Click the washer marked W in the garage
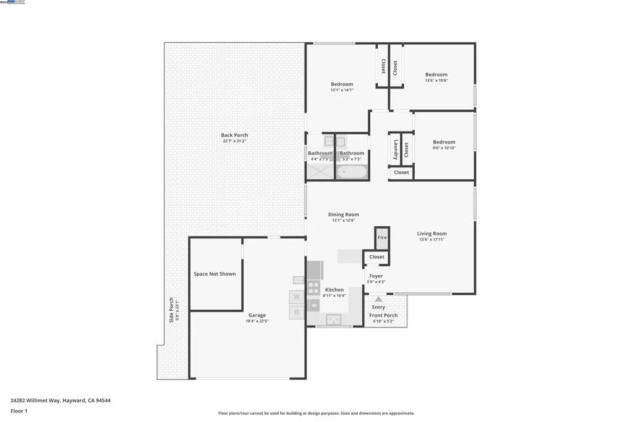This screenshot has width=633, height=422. click(297, 297)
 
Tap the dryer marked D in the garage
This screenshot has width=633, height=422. click(297, 312)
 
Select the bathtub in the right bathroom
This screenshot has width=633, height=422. click(352, 171)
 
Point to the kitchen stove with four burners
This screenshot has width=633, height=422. click(313, 288)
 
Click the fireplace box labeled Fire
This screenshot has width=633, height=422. click(382, 237)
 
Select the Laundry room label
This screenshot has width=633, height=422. click(396, 150)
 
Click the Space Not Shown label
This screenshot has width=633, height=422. click(215, 274)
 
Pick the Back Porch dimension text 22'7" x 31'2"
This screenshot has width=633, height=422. click(234, 141)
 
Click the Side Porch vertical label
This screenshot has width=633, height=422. click(172, 310)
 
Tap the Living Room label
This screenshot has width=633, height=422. click(431, 234)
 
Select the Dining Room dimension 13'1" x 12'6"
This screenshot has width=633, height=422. click(343, 221)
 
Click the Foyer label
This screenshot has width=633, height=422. click(376, 276)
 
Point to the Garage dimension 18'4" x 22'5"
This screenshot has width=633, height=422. click(257, 321)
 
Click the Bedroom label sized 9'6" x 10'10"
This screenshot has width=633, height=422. click(444, 142)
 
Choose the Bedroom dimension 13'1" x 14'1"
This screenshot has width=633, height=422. click(342, 90)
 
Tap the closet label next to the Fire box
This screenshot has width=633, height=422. click(376, 256)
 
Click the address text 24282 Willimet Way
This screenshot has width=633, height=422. click(61, 400)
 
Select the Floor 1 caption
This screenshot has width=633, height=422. click(19, 411)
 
